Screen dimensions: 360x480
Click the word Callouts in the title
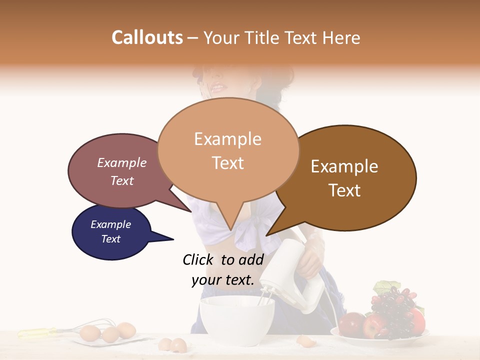coord(147,37)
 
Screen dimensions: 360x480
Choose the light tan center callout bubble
coord(228,150)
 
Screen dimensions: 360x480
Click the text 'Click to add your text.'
coord(223,269)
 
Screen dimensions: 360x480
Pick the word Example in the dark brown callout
coord(344,166)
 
